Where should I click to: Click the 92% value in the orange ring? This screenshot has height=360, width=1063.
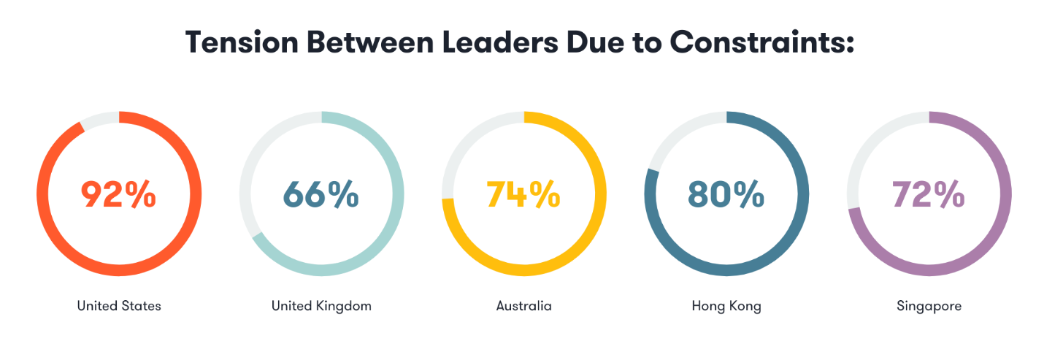click(x=118, y=194)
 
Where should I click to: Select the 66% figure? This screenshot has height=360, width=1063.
click(x=321, y=194)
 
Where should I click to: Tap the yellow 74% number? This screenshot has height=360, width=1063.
click(x=523, y=194)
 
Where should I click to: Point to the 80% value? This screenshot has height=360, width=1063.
click(x=726, y=194)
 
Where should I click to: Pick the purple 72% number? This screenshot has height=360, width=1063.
click(x=929, y=194)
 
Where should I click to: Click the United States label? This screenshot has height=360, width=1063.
click(x=119, y=306)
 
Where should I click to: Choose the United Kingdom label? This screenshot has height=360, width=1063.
click(x=321, y=306)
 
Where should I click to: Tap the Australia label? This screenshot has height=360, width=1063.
click(x=523, y=306)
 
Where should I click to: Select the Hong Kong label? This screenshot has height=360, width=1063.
click(x=726, y=306)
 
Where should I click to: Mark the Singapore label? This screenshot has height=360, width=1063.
click(x=929, y=306)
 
